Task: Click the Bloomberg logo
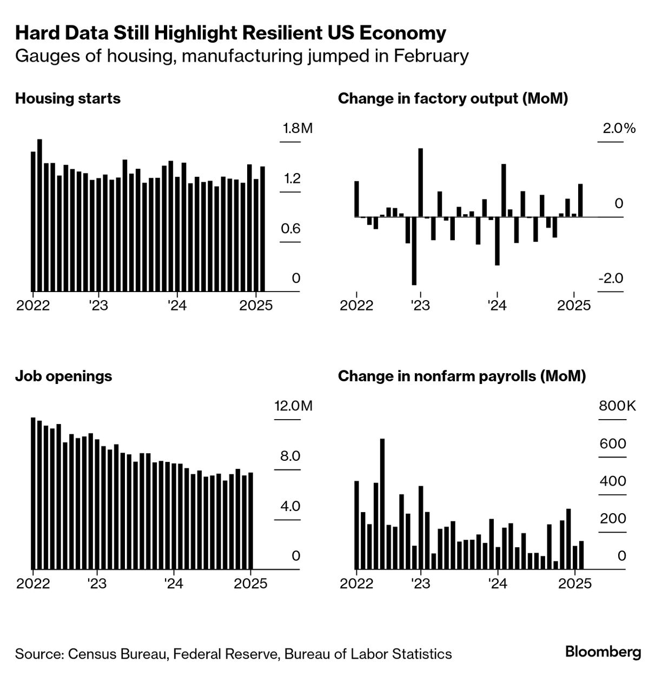(x=603, y=652)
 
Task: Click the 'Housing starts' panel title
(x=68, y=99)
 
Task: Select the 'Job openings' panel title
(x=63, y=376)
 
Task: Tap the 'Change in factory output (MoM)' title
(x=453, y=99)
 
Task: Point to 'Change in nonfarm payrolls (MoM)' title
(x=461, y=376)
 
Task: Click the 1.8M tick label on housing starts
(x=297, y=129)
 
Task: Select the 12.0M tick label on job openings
(x=293, y=406)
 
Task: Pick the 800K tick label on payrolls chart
(x=617, y=406)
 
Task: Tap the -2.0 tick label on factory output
(x=611, y=279)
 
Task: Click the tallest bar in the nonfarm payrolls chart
(x=382, y=503)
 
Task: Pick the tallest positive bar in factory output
(x=420, y=182)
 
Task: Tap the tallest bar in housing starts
(x=39, y=215)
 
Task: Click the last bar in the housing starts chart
(x=263, y=229)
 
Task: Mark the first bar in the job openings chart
(x=33, y=493)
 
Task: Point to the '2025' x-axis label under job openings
(x=250, y=584)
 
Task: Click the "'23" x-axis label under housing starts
(x=98, y=306)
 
